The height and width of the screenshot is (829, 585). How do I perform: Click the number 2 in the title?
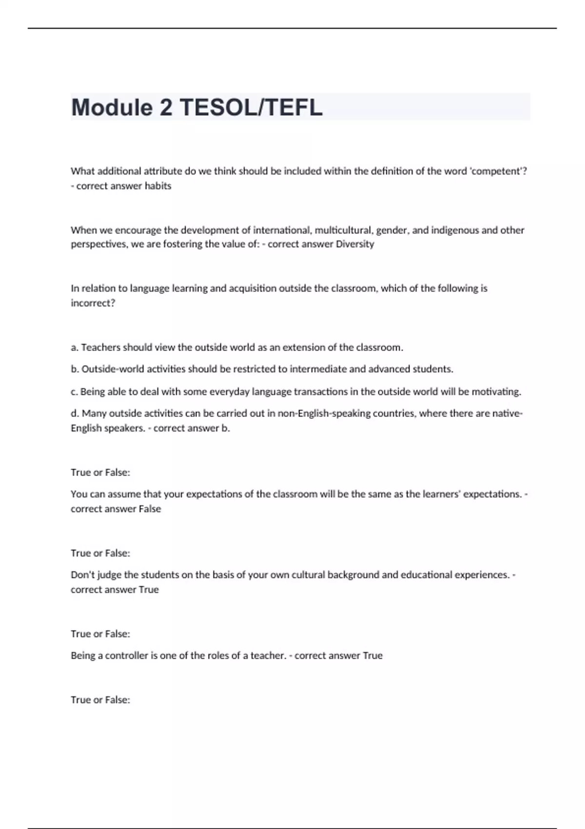tap(166, 107)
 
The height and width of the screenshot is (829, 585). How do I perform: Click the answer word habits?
tap(158, 186)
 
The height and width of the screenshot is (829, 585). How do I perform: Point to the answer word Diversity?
tap(355, 244)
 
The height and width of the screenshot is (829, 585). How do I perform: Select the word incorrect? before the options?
tap(93, 303)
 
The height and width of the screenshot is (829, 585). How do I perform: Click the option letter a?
tap(75, 348)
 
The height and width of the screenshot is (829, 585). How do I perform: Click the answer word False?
tap(150, 509)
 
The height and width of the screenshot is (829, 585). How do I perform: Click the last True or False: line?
tap(100, 700)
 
